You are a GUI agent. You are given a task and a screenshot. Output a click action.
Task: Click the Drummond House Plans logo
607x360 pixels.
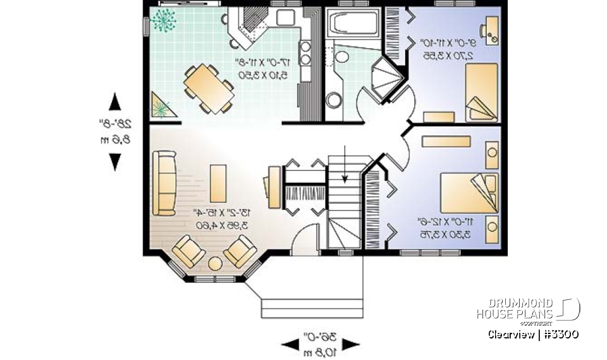[x=528, y=309]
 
